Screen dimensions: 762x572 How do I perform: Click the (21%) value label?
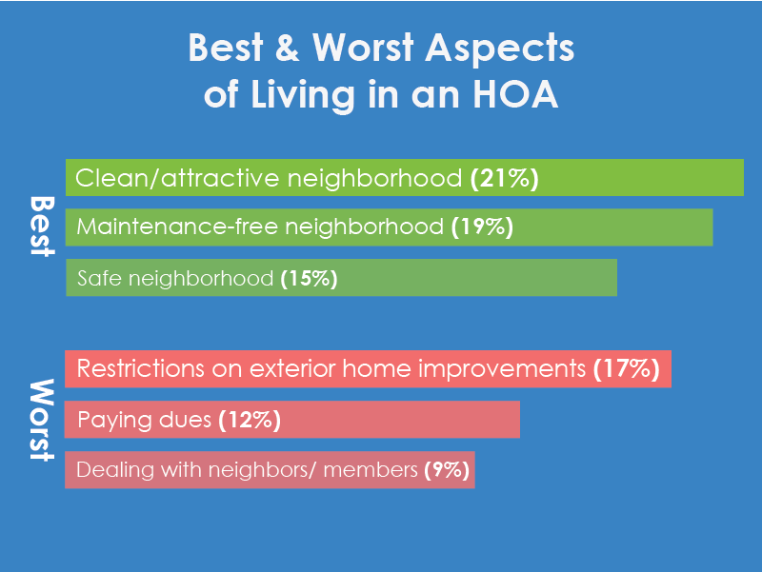[505, 178]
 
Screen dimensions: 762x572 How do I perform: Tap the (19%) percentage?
[482, 227]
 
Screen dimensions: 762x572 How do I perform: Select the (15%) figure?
[309, 279]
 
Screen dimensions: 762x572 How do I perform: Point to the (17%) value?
[627, 369]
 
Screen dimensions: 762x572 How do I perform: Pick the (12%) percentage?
[250, 420]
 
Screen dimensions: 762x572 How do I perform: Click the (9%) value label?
[447, 470]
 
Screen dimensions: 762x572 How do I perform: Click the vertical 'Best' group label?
[42, 226]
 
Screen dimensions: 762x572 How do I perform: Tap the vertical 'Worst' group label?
[42, 420]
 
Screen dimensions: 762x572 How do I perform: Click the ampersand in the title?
[288, 48]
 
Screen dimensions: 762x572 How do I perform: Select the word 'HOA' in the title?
[515, 94]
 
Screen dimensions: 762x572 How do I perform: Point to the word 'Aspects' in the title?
[500, 49]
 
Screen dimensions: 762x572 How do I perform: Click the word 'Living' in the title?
[303, 95]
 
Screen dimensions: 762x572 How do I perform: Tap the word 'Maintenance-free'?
[177, 227]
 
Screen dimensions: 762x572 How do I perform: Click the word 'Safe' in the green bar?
[99, 279]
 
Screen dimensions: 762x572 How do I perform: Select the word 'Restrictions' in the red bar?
[140, 368]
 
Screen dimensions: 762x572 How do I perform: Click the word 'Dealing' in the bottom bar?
[115, 470]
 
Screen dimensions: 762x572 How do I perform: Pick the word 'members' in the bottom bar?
[371, 470]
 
